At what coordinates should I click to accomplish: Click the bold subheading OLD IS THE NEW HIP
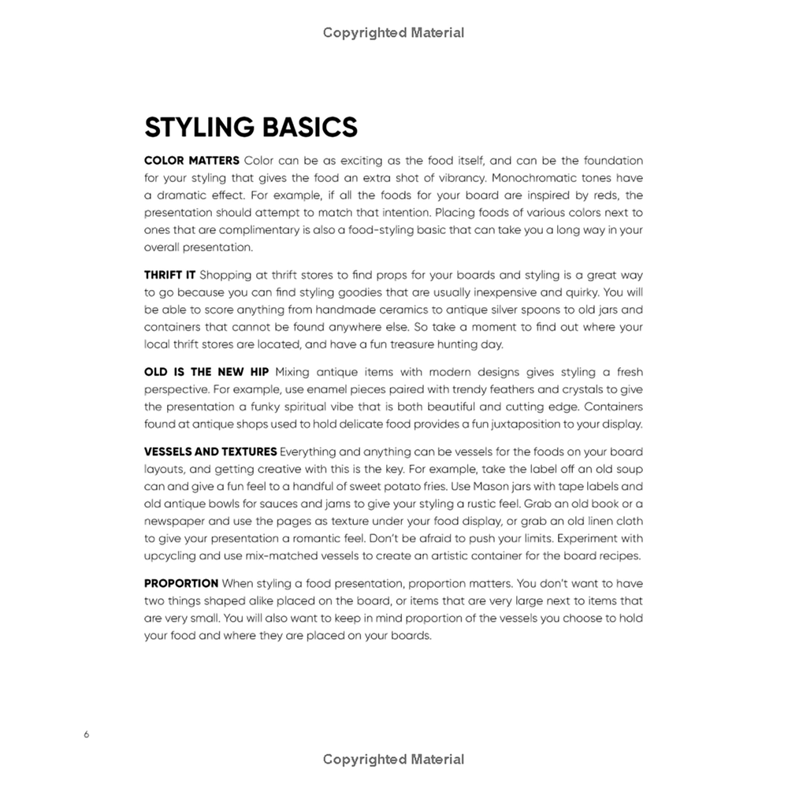tap(206, 372)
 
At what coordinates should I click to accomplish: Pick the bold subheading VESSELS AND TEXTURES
tap(210, 452)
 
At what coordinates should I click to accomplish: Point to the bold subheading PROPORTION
tap(181, 583)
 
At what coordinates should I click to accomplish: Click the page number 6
tap(86, 734)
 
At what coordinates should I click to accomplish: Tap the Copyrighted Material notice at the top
tap(393, 32)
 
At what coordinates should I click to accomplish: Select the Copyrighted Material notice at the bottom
tap(393, 760)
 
